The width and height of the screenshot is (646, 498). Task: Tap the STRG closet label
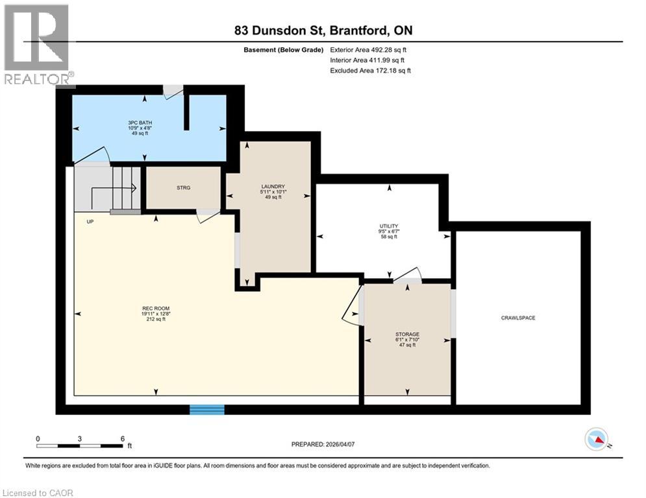pyautogui.click(x=184, y=189)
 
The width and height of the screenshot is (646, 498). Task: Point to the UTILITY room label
pyautogui.click(x=388, y=226)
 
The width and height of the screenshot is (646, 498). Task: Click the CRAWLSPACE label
pyautogui.click(x=517, y=318)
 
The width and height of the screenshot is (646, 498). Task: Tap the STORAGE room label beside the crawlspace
pyautogui.click(x=407, y=334)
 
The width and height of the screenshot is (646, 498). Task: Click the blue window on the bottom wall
pyautogui.click(x=206, y=409)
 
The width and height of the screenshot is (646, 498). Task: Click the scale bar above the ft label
pyautogui.click(x=80, y=445)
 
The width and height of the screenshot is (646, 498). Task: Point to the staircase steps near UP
pyautogui.click(x=126, y=188)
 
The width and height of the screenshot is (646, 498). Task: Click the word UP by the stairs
pyautogui.click(x=90, y=222)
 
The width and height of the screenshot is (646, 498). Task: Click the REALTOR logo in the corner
pyautogui.click(x=37, y=44)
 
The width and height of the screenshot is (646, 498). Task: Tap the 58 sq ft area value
pyautogui.click(x=388, y=237)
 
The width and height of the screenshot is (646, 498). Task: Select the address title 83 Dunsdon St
pyautogui.click(x=286, y=30)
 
